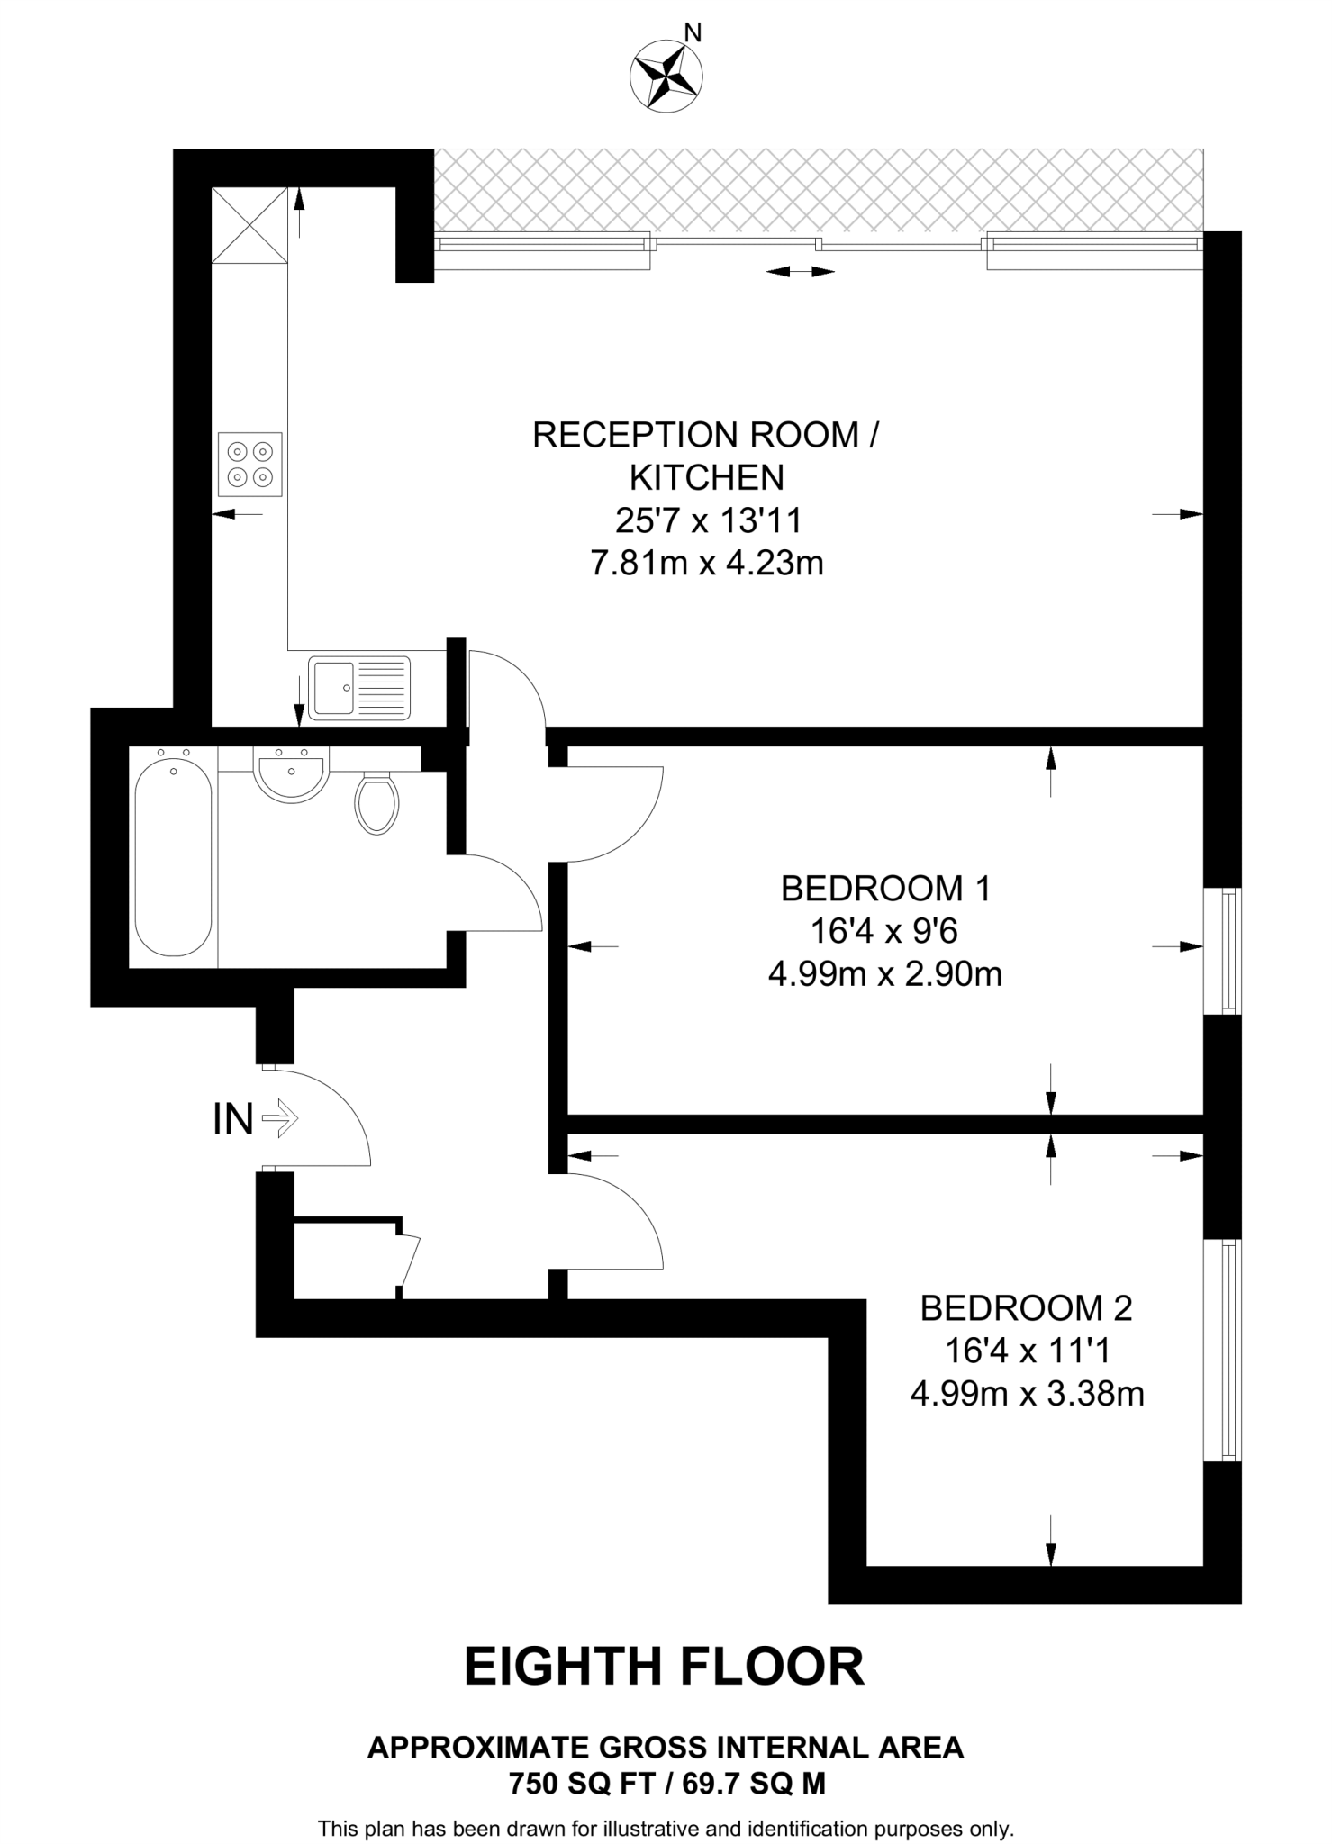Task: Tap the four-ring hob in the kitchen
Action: coord(250,464)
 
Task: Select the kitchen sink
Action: coord(359,688)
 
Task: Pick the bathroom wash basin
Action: coord(290,774)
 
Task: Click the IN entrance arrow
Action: coord(279,1119)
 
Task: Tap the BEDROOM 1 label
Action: coord(885,889)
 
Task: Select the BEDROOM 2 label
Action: coord(1026,1308)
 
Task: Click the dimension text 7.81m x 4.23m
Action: coord(707,564)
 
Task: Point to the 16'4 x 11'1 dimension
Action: coord(1027,1351)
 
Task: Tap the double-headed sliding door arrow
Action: coord(800,271)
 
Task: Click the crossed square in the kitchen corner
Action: coord(249,225)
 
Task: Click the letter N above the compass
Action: coord(693,33)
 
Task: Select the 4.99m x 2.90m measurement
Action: coord(885,974)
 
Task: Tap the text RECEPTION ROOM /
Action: coord(706,435)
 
